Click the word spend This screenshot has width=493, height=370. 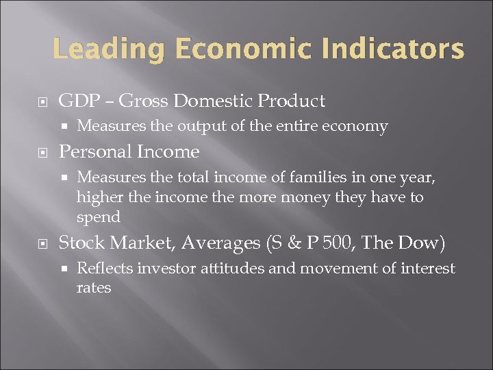(x=99, y=217)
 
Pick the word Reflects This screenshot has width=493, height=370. (x=105, y=268)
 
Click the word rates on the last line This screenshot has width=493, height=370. (x=94, y=288)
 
